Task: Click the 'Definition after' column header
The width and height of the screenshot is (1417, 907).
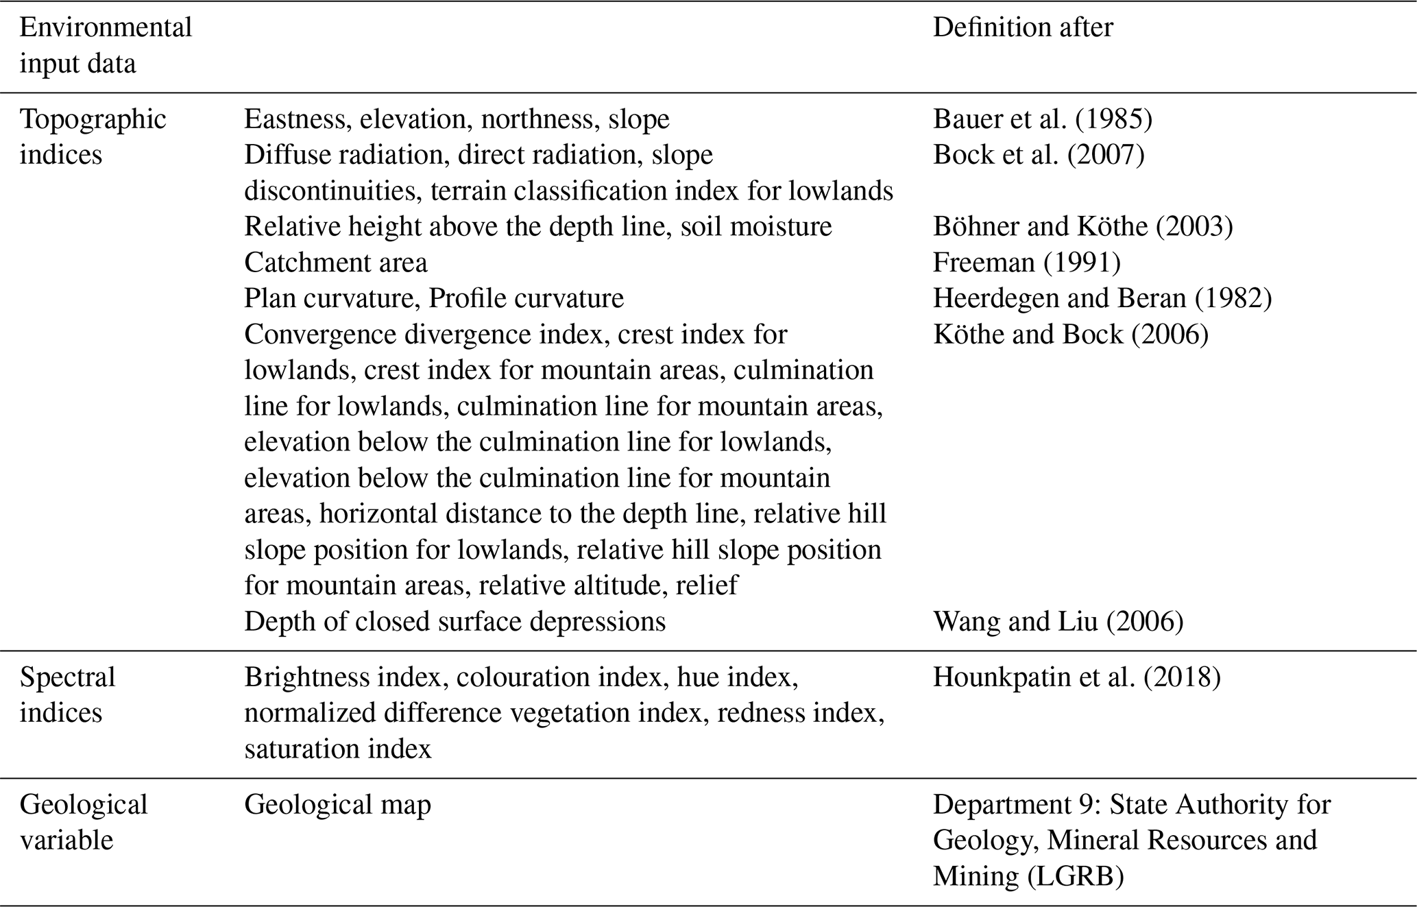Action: (x=1022, y=27)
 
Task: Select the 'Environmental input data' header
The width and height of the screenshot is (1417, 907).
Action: (x=106, y=45)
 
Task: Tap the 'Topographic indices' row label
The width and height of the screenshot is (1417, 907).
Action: (x=93, y=137)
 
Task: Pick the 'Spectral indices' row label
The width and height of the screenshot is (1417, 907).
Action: (x=67, y=694)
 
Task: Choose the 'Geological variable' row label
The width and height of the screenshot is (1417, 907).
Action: (x=83, y=822)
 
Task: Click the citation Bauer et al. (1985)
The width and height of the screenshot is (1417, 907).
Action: (x=1042, y=119)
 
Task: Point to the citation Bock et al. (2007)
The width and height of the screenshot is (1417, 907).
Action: (x=1038, y=155)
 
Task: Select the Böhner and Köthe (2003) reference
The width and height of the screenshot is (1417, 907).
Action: (x=1082, y=226)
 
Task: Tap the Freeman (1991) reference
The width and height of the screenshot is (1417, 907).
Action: (x=1026, y=263)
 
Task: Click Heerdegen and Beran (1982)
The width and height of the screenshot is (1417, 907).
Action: (x=1102, y=298)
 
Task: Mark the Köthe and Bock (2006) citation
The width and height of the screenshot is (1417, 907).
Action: (x=1070, y=334)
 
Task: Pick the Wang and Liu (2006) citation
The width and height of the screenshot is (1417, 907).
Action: (x=1058, y=621)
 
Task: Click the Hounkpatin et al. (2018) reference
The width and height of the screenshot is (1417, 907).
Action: (x=1076, y=677)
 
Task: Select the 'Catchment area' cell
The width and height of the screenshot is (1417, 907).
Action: (x=335, y=263)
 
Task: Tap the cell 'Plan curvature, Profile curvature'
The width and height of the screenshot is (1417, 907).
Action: (x=433, y=298)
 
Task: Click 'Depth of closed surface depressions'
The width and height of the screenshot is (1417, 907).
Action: (x=455, y=621)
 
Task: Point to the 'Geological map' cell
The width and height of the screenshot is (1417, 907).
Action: (x=337, y=804)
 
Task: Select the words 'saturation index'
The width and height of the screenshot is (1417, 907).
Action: (x=337, y=749)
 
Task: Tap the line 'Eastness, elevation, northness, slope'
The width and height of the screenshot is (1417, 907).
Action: (x=457, y=119)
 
